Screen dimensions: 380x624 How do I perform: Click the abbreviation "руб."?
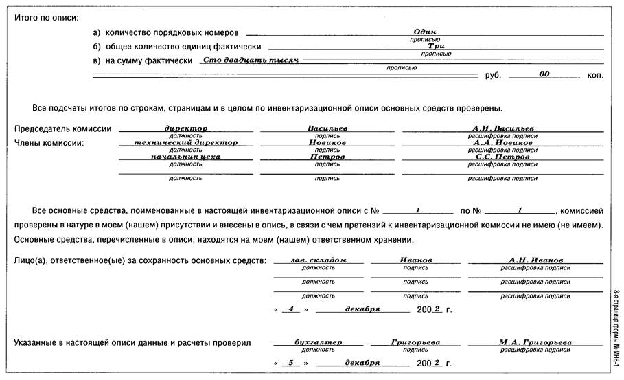click(493, 75)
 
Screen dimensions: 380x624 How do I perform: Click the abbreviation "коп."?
click(594, 75)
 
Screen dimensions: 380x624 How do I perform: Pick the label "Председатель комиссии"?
click(62, 129)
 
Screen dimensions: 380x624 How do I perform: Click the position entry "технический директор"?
click(186, 142)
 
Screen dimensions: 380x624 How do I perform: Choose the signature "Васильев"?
click(327, 128)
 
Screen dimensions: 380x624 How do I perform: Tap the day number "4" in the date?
click(291, 309)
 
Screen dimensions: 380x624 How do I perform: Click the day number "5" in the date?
click(291, 362)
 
